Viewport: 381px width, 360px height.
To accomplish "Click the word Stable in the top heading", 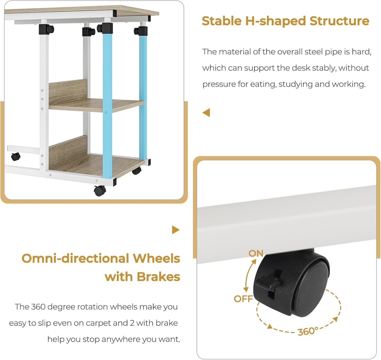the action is point(221,21).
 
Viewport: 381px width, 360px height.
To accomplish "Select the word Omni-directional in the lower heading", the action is point(75,258).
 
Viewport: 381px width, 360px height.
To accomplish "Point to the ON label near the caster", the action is point(256,254).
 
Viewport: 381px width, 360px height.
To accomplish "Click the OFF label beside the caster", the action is point(243,299).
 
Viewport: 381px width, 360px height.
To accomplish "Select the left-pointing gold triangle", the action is point(206,113).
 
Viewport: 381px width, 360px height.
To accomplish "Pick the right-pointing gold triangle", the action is point(176,230).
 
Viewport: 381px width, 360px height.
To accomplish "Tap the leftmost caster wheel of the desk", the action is point(15,156).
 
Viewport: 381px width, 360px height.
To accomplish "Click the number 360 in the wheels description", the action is point(38,307).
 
